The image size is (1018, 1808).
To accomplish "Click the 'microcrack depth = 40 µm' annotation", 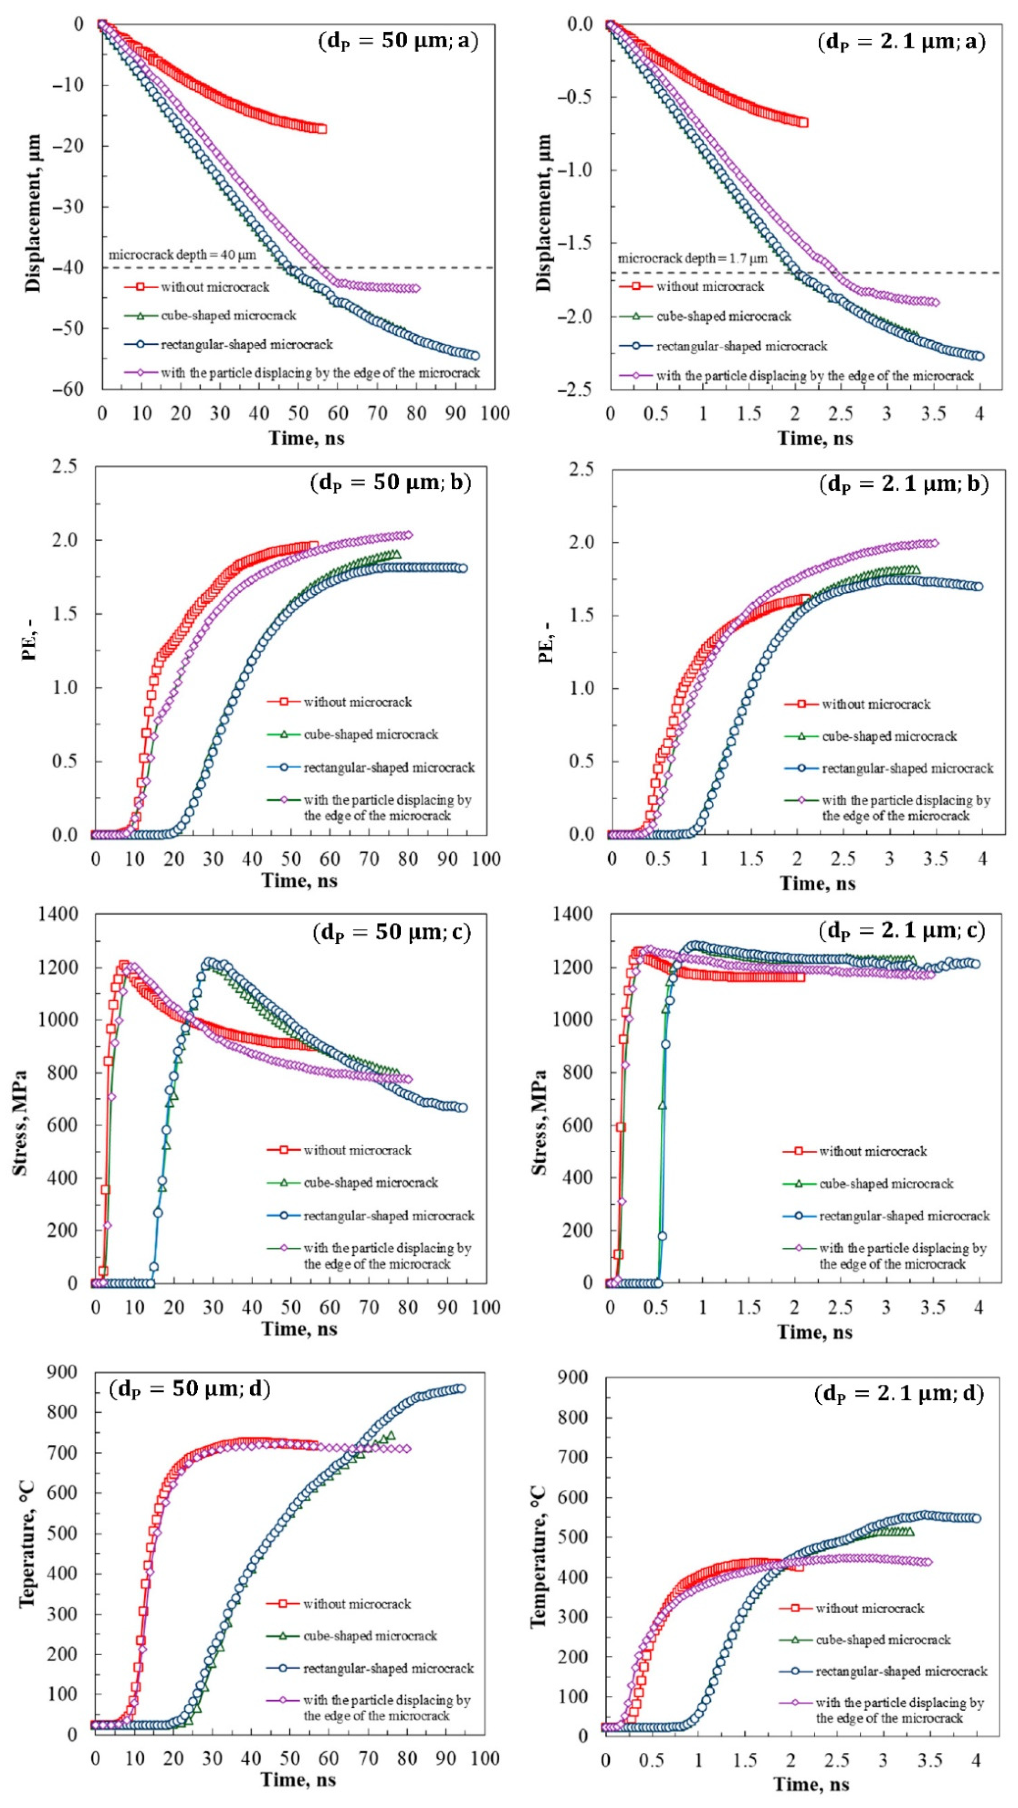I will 182,255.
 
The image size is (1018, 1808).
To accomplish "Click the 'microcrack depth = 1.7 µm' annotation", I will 692,258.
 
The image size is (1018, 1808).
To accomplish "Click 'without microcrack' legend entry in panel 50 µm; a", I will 215,287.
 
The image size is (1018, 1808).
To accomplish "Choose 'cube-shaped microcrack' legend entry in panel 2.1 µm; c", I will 886,1183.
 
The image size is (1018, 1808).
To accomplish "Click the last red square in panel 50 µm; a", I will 321,128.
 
